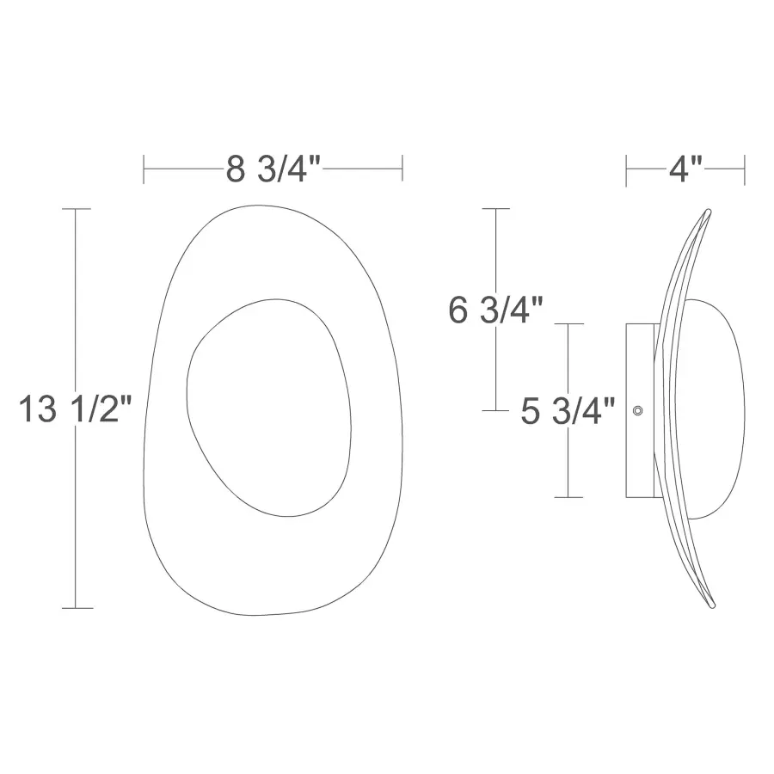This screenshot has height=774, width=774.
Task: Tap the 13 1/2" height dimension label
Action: coord(76,410)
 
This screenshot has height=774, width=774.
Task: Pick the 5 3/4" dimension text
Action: coord(568,412)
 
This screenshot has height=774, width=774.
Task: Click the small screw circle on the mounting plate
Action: coord(637,411)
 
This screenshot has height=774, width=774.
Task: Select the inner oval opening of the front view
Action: coord(269,408)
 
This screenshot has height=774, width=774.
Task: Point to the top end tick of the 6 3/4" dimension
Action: coord(496,209)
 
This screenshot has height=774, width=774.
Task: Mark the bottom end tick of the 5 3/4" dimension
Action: coord(568,497)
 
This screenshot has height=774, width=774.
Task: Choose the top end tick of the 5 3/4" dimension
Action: coord(568,324)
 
